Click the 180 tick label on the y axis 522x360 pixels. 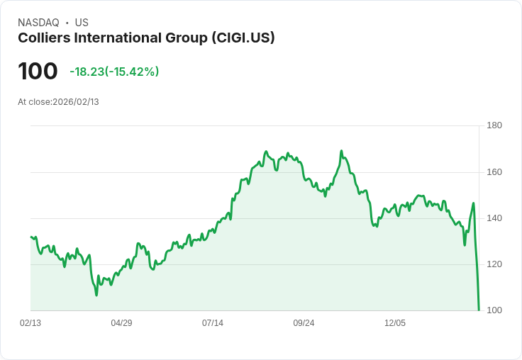[494, 126]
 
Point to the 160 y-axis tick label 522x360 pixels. [494, 172]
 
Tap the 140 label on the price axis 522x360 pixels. [494, 218]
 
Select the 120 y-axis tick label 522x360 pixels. [494, 264]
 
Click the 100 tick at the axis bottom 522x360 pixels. [494, 310]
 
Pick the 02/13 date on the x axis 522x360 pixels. [30, 323]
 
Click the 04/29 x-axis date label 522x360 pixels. [121, 323]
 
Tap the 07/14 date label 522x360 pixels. [213, 323]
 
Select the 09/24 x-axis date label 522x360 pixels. [304, 323]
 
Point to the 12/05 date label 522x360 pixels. [395, 323]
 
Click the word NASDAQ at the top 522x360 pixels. [38, 23]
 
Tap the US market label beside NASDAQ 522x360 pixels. [82, 23]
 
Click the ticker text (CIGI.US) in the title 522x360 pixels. [243, 38]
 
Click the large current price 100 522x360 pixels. [38, 72]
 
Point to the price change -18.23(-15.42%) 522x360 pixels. [114, 72]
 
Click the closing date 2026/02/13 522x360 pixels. [76, 102]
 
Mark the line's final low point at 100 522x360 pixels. [479, 310]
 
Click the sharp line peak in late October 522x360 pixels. [341, 151]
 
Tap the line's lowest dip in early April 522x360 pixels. [96, 295]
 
